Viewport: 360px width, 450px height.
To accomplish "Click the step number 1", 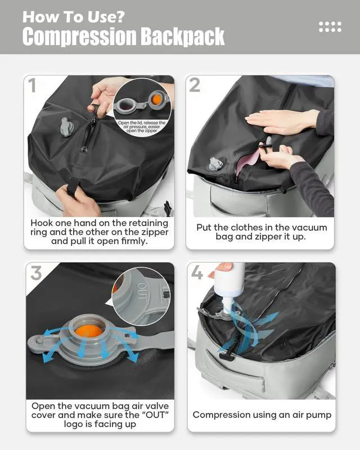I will pyautogui.click(x=33, y=86).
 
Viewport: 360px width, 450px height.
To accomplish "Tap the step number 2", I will pyautogui.click(x=195, y=85).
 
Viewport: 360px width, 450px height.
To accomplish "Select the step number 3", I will pyautogui.click(x=36, y=273).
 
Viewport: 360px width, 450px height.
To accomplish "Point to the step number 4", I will pyautogui.click(x=196, y=273).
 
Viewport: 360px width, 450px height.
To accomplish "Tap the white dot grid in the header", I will pyautogui.click(x=330, y=26).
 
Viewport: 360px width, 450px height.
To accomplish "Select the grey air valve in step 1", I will pyautogui.click(x=66, y=127).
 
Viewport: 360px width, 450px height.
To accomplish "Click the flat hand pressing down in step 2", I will pyautogui.click(x=281, y=119).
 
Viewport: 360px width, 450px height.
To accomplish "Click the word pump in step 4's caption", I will pyautogui.click(x=318, y=415).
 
